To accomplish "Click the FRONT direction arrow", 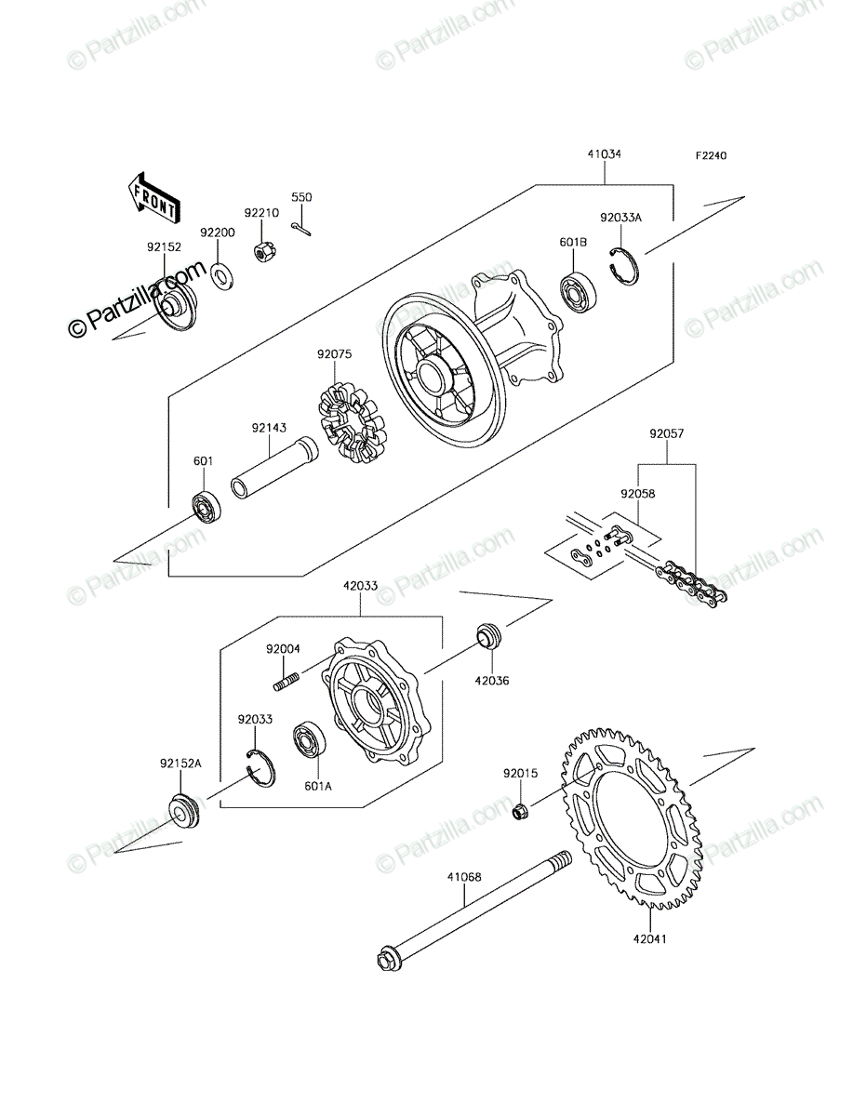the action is click(153, 198).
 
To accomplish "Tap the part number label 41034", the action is click(605, 154).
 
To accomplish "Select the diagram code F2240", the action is click(712, 155).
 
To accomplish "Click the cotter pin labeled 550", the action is click(302, 230).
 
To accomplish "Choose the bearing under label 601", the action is click(207, 509).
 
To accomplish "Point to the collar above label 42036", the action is click(489, 634).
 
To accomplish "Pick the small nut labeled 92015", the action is click(521, 813).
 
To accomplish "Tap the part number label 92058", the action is click(637, 494).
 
